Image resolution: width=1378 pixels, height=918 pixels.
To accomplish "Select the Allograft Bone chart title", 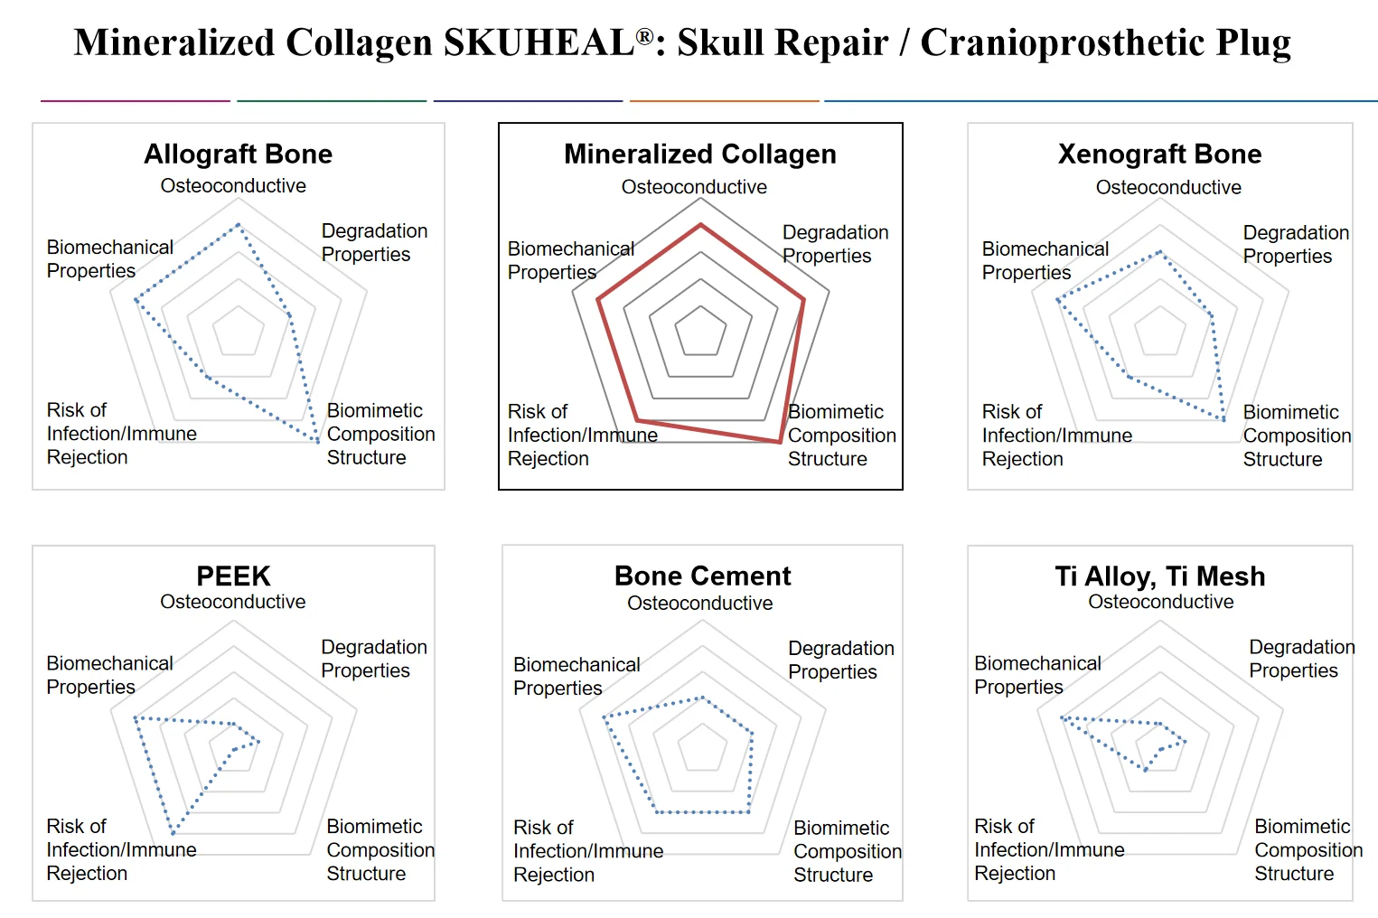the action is [238, 154].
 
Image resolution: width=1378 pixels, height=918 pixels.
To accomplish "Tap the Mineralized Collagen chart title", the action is [699, 154].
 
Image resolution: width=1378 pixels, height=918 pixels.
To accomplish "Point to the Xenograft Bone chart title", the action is [1159, 154].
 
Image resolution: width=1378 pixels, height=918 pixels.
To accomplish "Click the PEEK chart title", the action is [233, 576].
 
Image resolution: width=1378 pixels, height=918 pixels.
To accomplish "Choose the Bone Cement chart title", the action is [702, 576].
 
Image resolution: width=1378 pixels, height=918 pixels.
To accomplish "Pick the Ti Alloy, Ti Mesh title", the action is [1159, 576].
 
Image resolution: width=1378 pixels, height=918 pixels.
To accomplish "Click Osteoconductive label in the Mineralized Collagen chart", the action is [694, 187].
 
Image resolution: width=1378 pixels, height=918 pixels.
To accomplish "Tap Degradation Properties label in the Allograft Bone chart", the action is [374, 242].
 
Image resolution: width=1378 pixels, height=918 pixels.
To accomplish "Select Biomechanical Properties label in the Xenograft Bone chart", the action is [1045, 260].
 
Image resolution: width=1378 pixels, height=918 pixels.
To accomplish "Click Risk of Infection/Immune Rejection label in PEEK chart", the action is [121, 849].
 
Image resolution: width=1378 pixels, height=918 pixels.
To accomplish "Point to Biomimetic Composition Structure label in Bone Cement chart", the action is [847, 851].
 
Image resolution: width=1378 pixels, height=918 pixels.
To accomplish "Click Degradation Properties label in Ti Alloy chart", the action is [1301, 659].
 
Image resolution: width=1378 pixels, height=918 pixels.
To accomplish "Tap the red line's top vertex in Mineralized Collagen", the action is [699, 225].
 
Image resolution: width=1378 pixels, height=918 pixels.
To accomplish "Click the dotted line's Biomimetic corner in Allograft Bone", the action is [317, 442].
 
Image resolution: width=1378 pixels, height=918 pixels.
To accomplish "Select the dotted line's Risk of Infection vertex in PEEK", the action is [173, 831].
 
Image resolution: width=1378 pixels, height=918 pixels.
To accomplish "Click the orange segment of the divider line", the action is [724, 100].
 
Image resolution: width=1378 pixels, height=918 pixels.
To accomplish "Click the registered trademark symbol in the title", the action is [644, 36].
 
